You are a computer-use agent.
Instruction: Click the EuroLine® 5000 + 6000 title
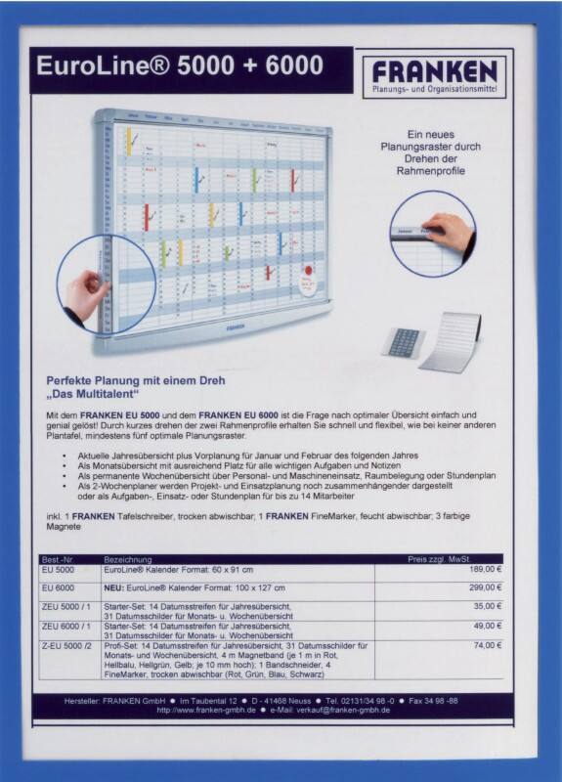179,66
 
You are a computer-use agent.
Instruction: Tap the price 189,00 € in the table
485,568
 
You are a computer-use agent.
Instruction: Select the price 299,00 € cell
485,587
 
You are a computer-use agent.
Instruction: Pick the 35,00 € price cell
488,606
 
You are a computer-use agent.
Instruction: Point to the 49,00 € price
488,626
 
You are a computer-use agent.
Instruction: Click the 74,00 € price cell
488,645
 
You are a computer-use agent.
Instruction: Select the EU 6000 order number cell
59,587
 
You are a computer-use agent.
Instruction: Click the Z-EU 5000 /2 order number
66,645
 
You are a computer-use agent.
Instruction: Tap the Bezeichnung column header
127,558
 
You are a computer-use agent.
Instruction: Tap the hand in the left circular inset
94,287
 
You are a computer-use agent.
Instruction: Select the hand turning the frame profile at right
451,232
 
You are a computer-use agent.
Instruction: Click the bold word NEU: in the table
115,587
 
